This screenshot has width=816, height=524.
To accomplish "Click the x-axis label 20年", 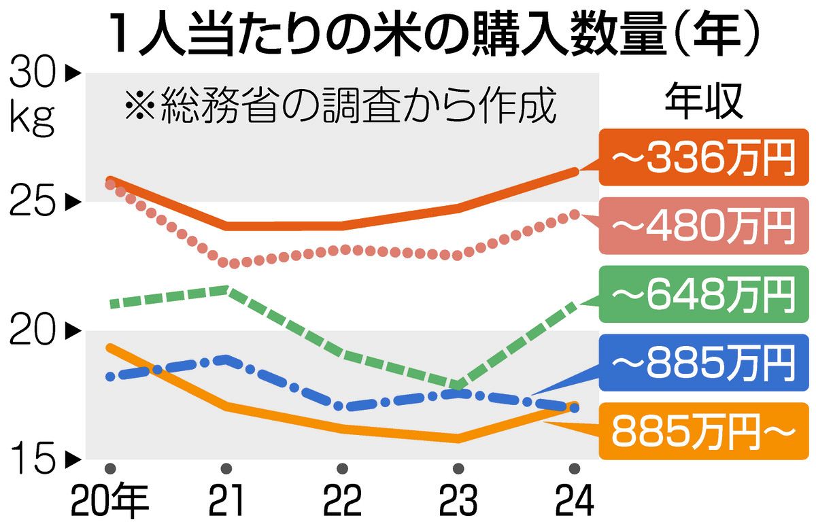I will click(x=110, y=502).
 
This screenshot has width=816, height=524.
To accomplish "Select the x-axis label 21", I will click(x=226, y=502).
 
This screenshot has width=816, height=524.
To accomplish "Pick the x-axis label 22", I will click(x=342, y=502).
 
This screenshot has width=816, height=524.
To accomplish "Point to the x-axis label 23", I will click(x=458, y=502).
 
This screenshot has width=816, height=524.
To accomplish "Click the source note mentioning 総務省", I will click(x=340, y=107).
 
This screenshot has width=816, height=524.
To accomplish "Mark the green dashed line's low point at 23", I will click(x=458, y=387).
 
